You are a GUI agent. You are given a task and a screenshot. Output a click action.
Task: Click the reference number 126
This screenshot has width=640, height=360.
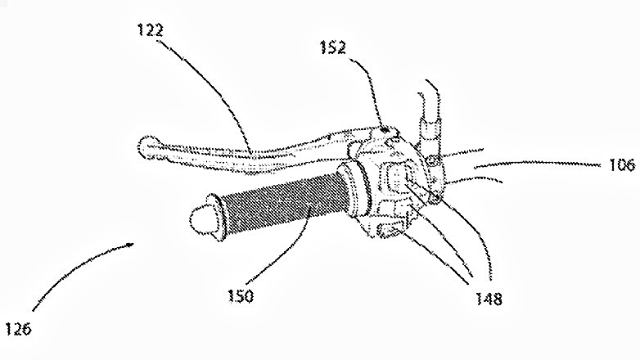18,330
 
